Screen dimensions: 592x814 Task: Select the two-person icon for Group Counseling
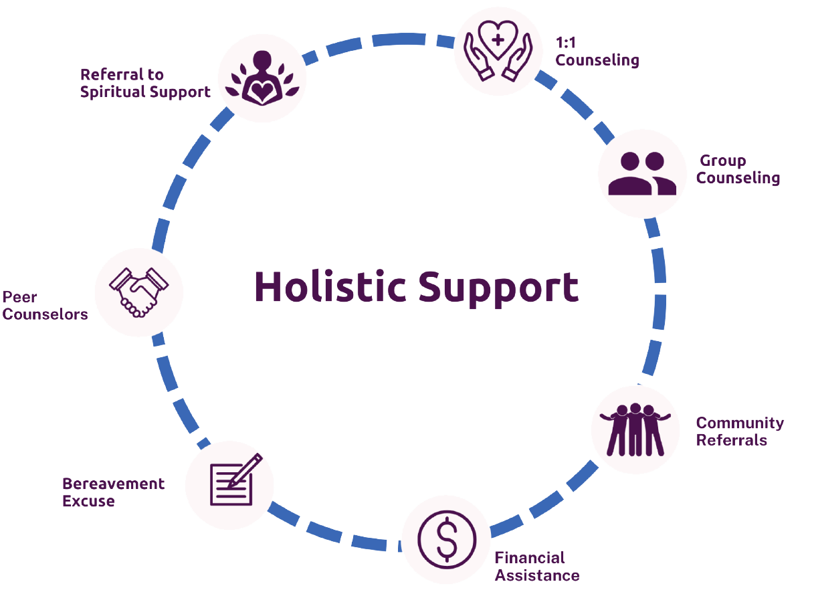(x=642, y=174)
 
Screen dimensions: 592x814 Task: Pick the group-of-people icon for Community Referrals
(x=635, y=429)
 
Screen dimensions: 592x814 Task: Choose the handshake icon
(x=138, y=292)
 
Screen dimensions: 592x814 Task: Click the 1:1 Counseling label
(x=597, y=52)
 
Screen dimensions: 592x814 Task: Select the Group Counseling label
(x=738, y=170)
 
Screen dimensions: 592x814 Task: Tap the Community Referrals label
(x=739, y=431)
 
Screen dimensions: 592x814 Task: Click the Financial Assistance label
(x=536, y=566)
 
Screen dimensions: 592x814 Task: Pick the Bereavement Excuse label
(x=113, y=492)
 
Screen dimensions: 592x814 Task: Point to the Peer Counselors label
(x=45, y=306)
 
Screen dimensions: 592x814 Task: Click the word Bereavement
(x=113, y=484)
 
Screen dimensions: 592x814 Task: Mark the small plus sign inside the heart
(x=498, y=39)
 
